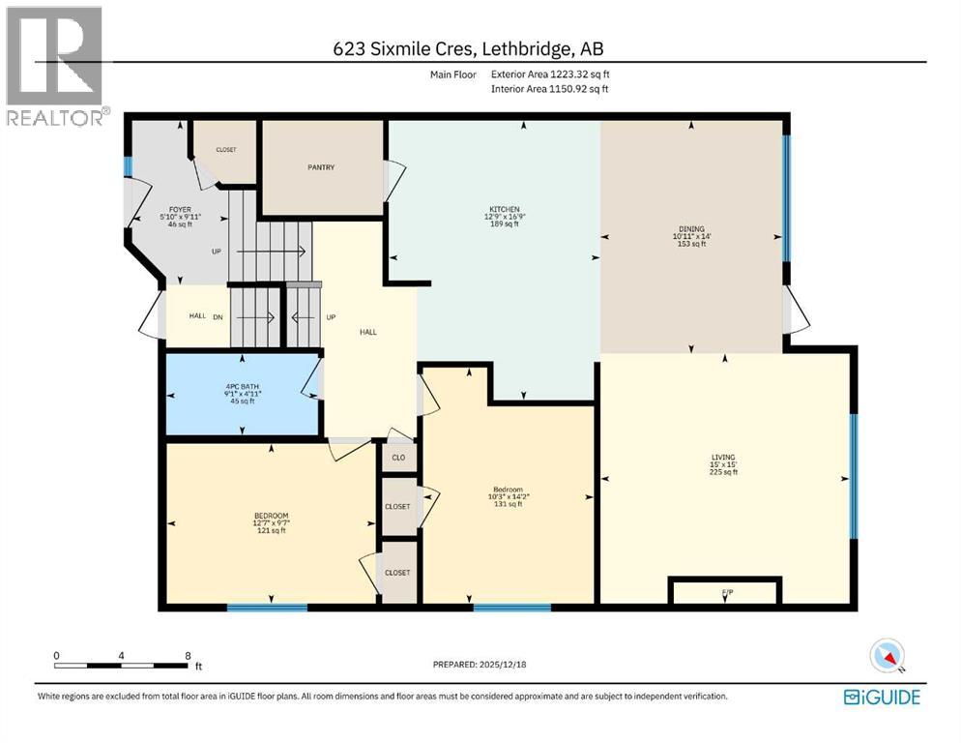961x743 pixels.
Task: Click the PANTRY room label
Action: [321, 167]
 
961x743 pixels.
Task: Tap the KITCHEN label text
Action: [504, 210]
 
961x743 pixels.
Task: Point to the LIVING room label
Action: [723, 457]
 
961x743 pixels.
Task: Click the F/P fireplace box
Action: [725, 590]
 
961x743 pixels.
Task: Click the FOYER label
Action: [180, 208]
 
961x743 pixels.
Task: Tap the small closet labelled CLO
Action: [398, 458]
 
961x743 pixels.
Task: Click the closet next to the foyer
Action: [226, 151]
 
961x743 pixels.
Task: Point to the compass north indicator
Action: [887, 656]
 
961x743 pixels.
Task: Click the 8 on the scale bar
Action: [187, 655]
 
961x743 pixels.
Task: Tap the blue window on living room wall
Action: [853, 475]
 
